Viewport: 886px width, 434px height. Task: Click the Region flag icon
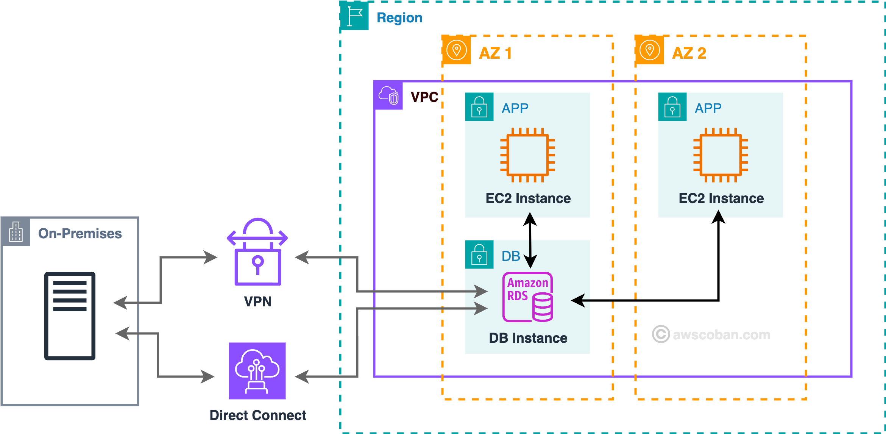(x=354, y=16)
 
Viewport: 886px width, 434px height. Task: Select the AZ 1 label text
(x=495, y=53)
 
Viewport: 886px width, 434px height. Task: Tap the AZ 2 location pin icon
(x=650, y=50)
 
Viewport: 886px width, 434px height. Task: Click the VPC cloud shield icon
(x=388, y=95)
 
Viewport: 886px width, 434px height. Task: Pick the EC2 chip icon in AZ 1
(x=527, y=155)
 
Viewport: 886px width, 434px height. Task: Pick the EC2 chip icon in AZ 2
(x=721, y=155)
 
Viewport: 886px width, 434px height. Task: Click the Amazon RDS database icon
(x=528, y=297)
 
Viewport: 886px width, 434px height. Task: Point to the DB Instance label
(x=528, y=338)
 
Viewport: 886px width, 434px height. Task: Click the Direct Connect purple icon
(x=257, y=371)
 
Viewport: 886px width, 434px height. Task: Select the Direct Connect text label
(x=257, y=415)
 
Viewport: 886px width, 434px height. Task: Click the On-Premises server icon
(x=70, y=316)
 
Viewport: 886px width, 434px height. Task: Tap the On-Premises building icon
(x=16, y=232)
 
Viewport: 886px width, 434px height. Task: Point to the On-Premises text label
(x=80, y=234)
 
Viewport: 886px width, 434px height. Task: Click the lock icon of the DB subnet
(x=479, y=254)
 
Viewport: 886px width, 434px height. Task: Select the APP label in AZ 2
(x=708, y=109)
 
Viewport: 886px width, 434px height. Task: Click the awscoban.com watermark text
(x=721, y=335)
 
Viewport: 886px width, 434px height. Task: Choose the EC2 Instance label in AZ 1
(x=528, y=198)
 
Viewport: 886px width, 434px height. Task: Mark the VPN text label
(x=257, y=302)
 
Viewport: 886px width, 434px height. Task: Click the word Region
(x=399, y=18)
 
